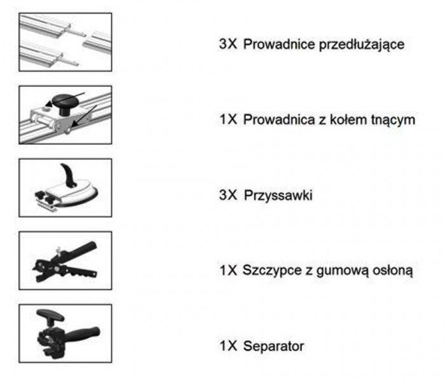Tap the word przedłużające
362,45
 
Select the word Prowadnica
279,119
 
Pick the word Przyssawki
278,196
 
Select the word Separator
273,346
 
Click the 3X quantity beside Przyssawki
228,195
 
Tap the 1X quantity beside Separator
228,346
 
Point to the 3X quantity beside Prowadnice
228,44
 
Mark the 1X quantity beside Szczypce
228,270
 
